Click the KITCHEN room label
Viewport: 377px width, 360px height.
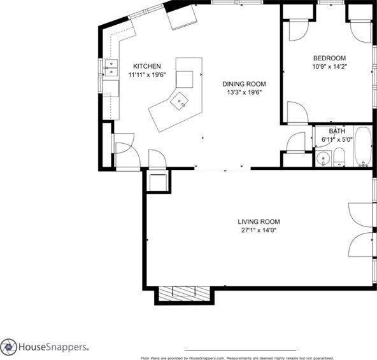(146, 66)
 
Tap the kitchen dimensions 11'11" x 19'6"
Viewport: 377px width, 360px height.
(146, 74)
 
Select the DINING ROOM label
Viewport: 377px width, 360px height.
(243, 84)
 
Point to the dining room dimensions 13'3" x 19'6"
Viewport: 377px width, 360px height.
(243, 92)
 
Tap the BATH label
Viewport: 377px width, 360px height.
(337, 131)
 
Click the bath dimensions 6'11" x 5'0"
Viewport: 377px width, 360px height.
(337, 139)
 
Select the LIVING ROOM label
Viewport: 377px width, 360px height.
(258, 222)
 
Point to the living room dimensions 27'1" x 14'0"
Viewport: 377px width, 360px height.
(258, 230)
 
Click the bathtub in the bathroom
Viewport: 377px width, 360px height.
(363, 148)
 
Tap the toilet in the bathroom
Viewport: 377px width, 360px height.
(339, 157)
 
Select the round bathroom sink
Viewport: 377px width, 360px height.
(323, 159)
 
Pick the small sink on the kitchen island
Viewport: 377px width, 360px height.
(183, 99)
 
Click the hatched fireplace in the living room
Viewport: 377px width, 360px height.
(185, 293)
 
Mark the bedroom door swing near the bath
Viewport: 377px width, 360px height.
(296, 113)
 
